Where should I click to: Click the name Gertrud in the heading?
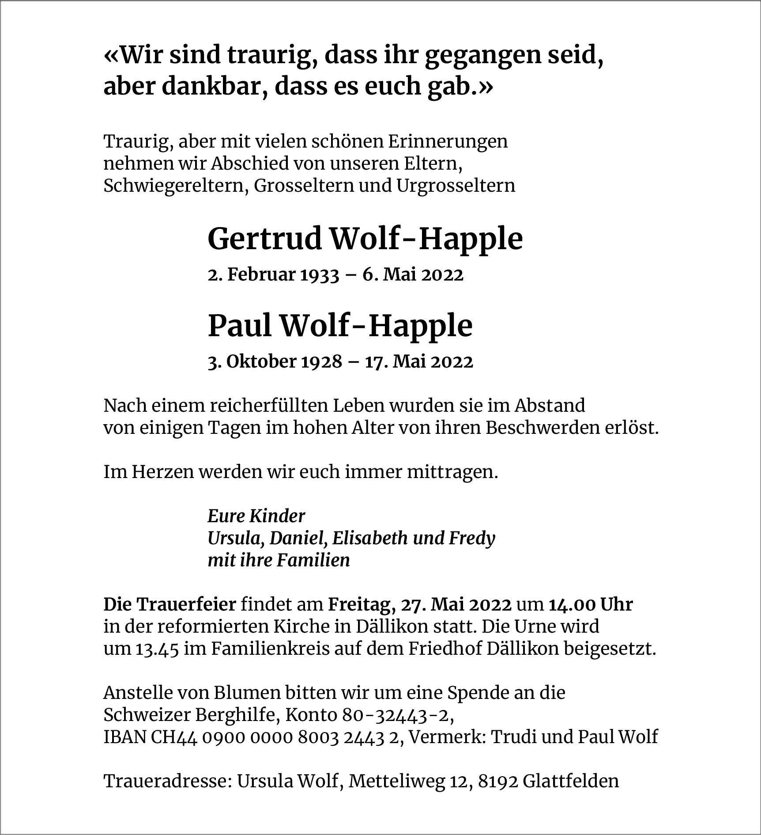click(x=264, y=239)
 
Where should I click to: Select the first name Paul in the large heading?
click(x=239, y=326)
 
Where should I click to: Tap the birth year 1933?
click(x=320, y=275)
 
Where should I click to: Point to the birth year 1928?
click(x=322, y=362)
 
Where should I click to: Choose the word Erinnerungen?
click(x=448, y=141)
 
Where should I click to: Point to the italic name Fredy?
click(x=472, y=538)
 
